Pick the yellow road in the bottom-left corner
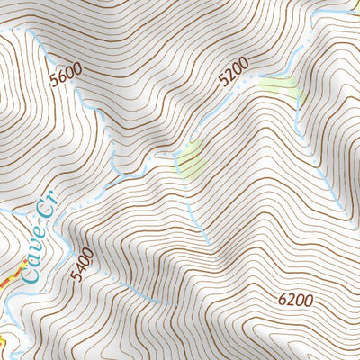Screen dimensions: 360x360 (3, 342)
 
